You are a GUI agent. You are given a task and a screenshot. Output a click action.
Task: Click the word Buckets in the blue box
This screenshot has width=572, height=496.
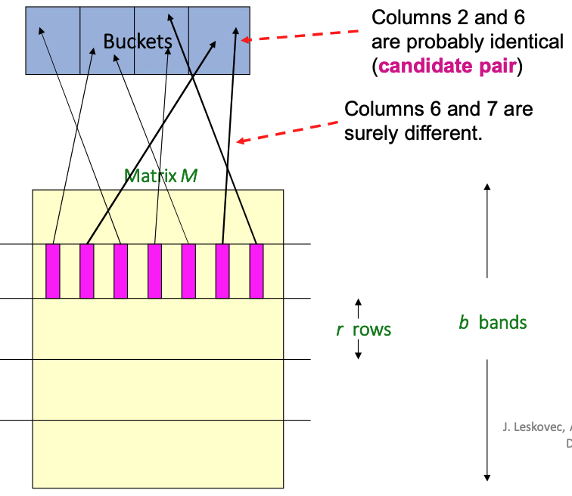click(138, 41)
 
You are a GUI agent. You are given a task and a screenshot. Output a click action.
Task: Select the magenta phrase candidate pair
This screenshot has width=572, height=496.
click(448, 66)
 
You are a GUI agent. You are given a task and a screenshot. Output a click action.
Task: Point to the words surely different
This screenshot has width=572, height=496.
click(413, 134)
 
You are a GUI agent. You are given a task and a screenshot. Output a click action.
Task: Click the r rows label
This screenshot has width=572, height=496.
click(364, 330)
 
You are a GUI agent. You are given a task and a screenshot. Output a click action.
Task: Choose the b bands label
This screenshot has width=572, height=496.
click(493, 323)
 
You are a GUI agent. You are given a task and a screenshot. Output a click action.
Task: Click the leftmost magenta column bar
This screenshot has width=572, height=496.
click(53, 271)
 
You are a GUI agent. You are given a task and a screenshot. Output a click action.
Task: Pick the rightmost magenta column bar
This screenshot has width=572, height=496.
click(256, 271)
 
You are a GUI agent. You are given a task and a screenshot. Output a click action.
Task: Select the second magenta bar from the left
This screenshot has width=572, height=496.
click(87, 271)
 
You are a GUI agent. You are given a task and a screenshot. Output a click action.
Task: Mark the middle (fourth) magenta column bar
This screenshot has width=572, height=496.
click(154, 271)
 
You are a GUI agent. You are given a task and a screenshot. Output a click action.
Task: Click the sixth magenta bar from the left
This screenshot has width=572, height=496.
click(222, 271)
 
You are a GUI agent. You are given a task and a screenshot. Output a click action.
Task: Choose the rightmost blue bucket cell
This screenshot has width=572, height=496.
click(219, 41)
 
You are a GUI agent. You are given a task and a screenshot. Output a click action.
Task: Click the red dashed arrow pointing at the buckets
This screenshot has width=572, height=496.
click(303, 35)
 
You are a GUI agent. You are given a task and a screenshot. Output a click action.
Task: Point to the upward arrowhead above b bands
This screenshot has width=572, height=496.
click(487, 188)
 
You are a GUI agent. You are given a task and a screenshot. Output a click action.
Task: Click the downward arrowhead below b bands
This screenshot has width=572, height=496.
click(487, 476)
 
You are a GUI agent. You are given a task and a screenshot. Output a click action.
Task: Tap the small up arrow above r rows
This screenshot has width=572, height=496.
click(359, 305)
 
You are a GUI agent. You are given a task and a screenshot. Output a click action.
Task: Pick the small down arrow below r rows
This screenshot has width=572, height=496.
click(359, 354)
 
